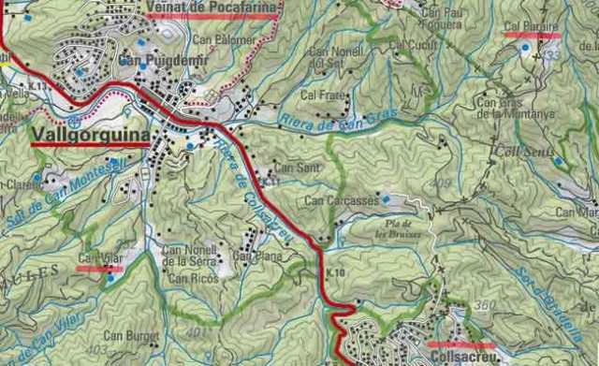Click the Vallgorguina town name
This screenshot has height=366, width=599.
(90, 137)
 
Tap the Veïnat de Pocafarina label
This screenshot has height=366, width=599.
(212, 8)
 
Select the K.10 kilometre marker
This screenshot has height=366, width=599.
(336, 272)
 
